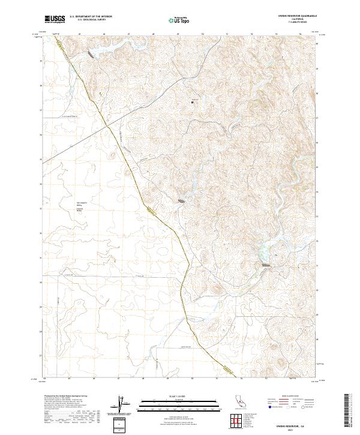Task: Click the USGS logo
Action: (x=55, y=19)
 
